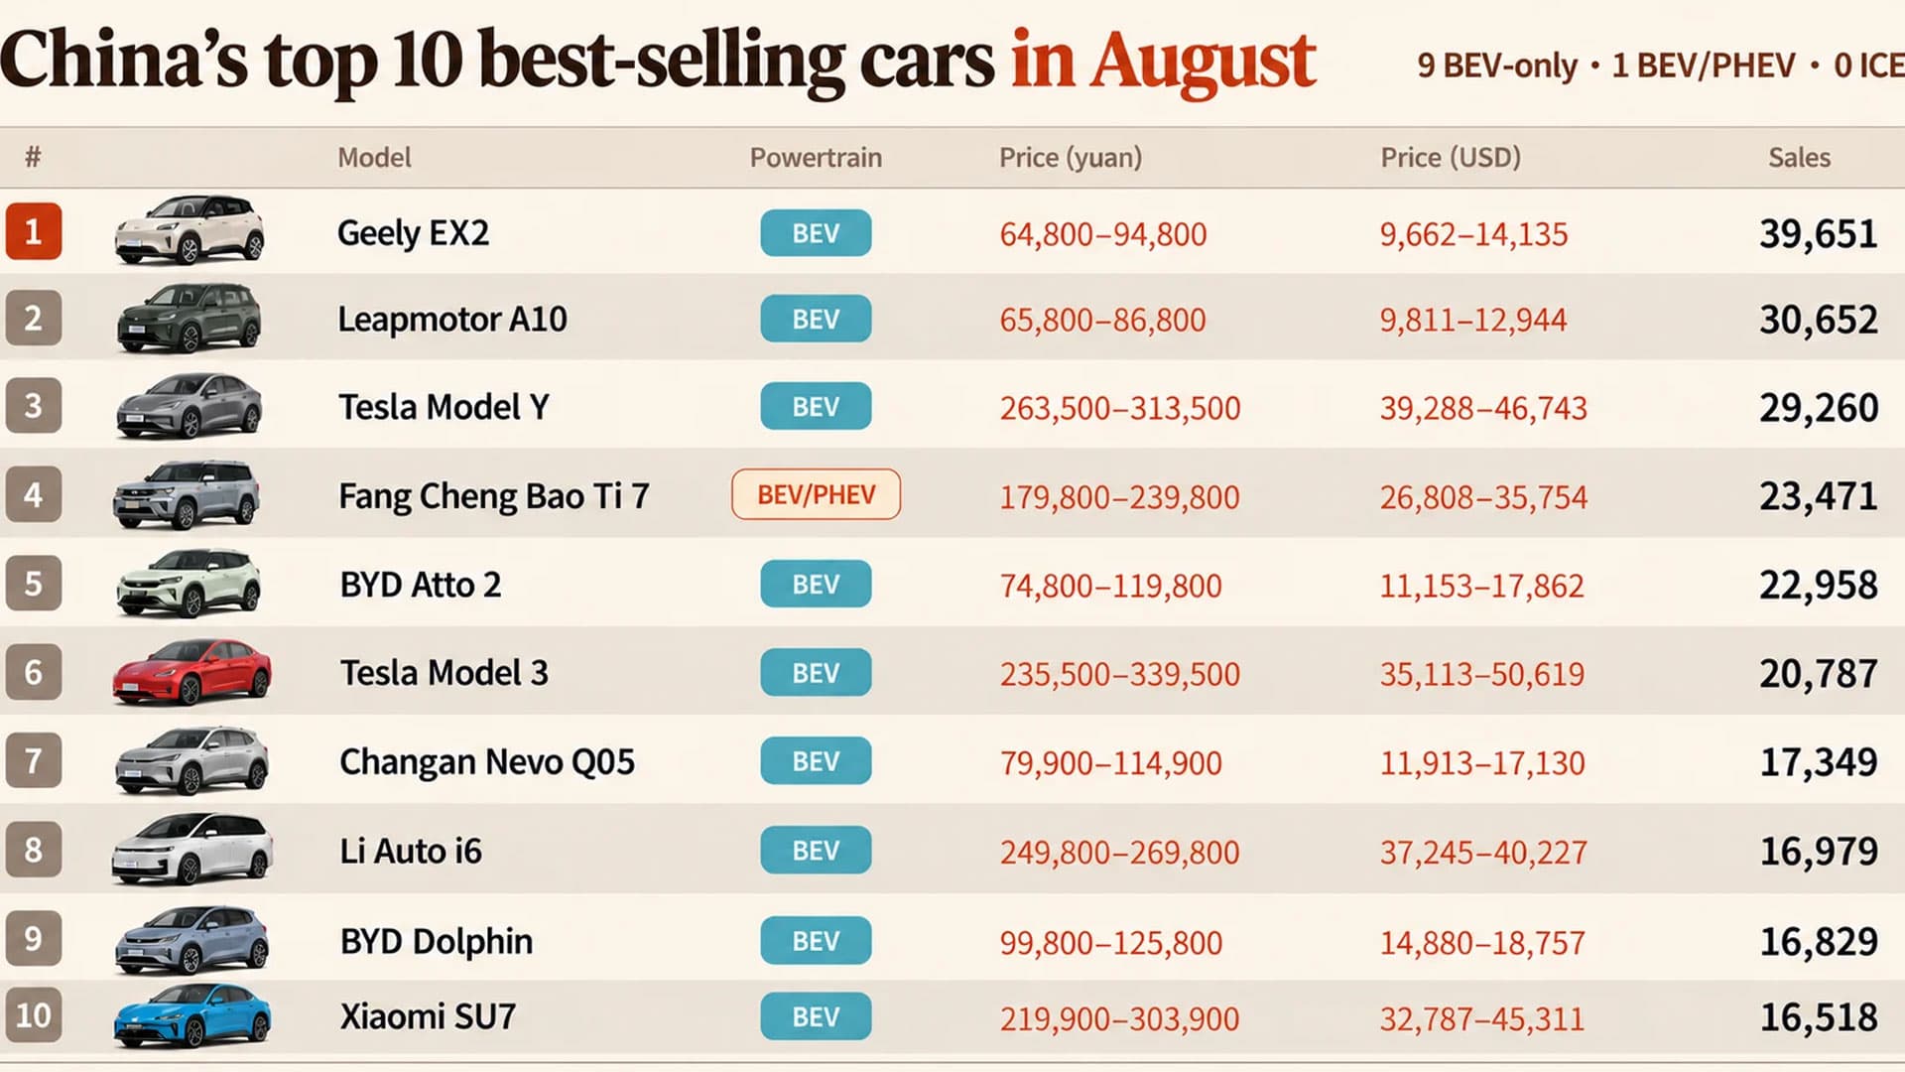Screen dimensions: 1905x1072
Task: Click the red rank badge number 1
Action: pos(33,231)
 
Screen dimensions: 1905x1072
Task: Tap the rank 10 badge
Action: pos(33,1014)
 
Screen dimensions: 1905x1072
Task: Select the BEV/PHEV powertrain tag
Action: pos(816,494)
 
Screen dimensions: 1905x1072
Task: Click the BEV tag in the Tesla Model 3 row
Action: pos(816,673)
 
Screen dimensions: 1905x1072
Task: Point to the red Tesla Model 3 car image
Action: pos(191,672)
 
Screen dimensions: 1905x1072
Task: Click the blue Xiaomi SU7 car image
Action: pos(191,1015)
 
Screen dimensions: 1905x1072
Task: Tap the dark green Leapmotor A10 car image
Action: pos(189,318)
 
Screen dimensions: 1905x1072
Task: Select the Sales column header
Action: pos(1799,157)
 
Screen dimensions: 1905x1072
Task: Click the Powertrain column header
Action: pos(816,157)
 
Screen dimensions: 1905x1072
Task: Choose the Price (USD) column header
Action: pos(1451,157)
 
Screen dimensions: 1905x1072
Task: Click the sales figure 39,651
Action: pos(1819,233)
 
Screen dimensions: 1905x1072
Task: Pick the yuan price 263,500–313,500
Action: pos(1120,408)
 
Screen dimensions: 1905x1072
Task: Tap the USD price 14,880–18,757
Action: pos(1482,942)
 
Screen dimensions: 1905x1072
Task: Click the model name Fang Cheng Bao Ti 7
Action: pos(494,495)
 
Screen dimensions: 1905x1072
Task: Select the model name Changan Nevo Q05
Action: pos(487,761)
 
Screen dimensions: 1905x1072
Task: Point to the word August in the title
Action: pos(1204,62)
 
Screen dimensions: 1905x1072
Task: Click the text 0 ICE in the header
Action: pos(1869,66)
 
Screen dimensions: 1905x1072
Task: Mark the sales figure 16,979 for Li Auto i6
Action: pos(1819,851)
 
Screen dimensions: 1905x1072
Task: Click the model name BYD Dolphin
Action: pos(437,941)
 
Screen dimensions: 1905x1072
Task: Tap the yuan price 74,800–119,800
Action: pos(1110,586)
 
